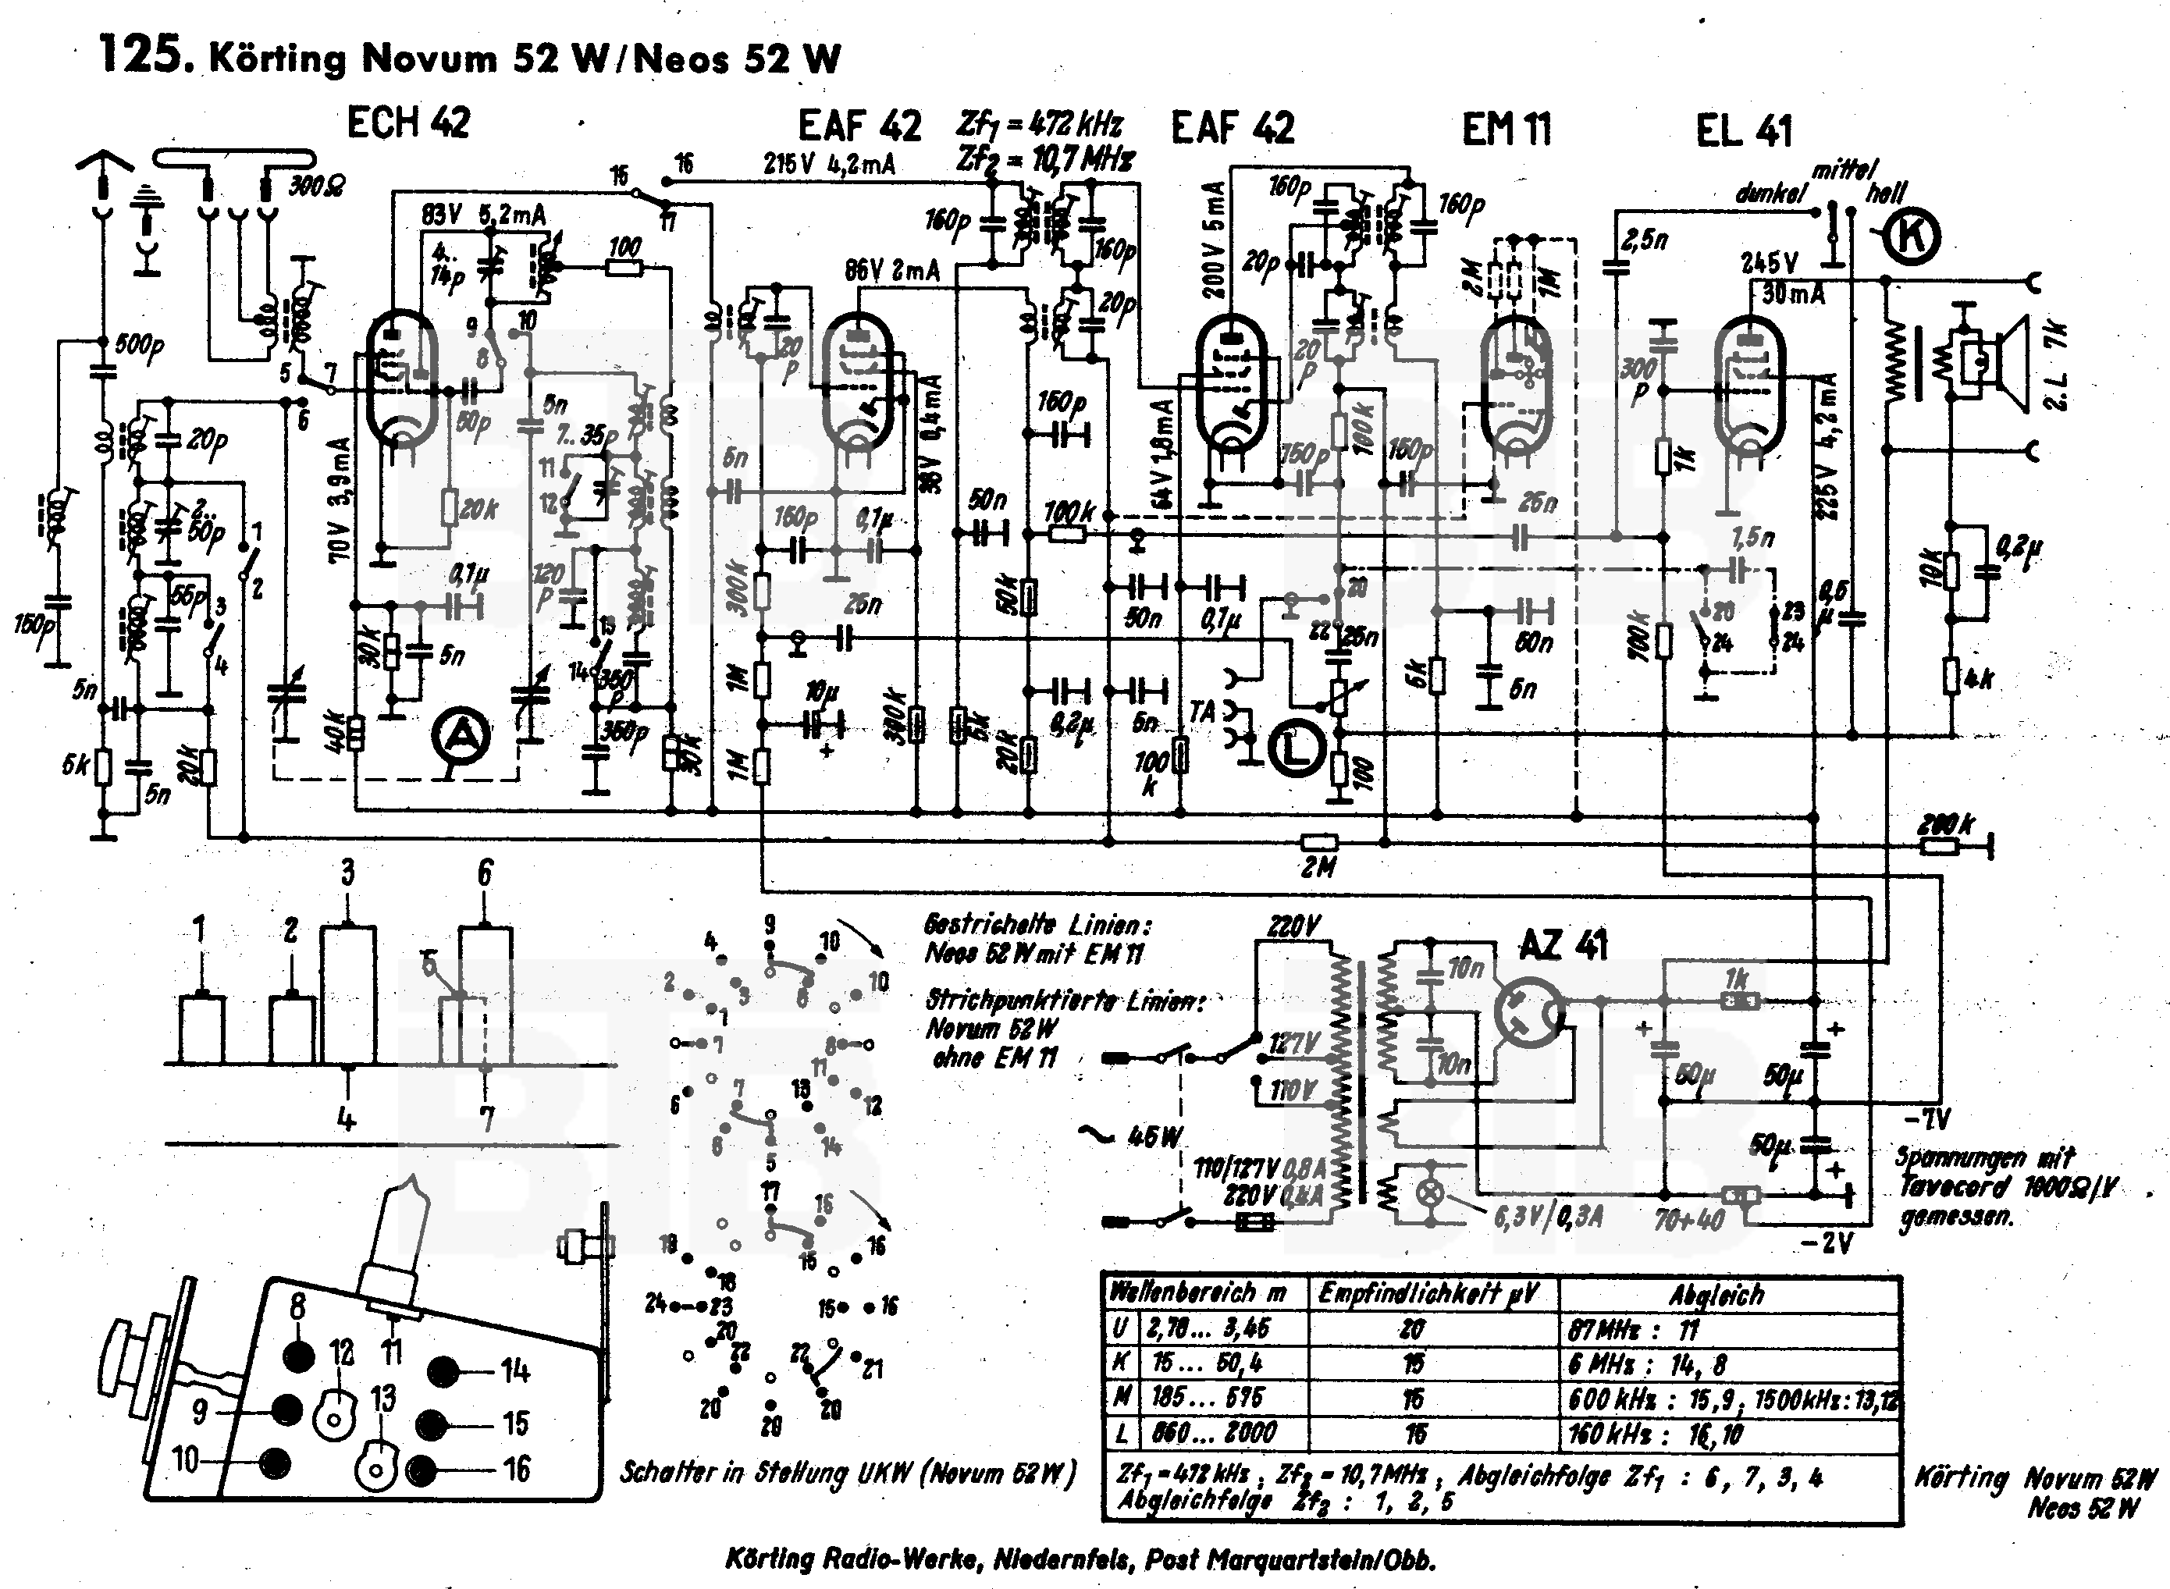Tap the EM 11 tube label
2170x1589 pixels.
(x=1507, y=129)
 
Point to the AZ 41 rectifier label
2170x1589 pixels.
(x=1563, y=945)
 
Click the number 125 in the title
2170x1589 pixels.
(x=141, y=55)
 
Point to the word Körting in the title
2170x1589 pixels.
(x=277, y=59)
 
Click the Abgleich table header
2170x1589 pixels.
(x=1716, y=1295)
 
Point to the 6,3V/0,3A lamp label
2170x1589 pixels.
(x=1549, y=1217)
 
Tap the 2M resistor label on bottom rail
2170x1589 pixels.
(x=1318, y=868)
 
